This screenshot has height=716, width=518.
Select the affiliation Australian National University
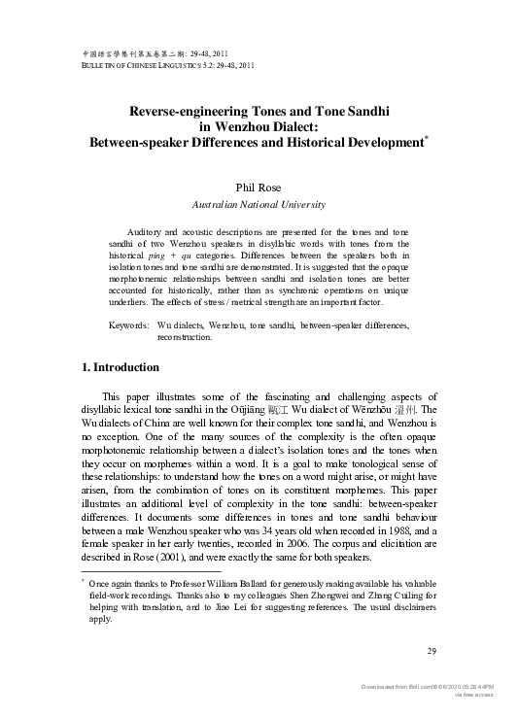(258, 204)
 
